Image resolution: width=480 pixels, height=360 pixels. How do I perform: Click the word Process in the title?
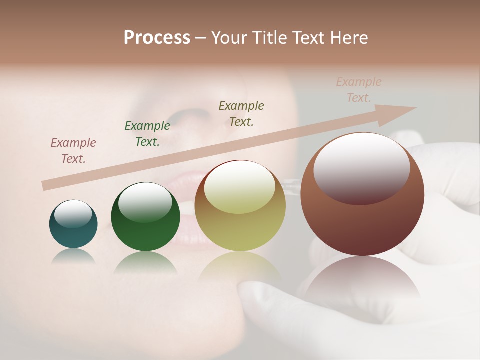(157, 38)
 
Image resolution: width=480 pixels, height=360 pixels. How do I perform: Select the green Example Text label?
(147, 134)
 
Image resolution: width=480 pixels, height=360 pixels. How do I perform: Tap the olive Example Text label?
(241, 113)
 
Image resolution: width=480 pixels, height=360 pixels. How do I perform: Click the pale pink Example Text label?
(359, 90)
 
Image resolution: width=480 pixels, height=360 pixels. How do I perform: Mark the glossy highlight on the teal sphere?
(73, 214)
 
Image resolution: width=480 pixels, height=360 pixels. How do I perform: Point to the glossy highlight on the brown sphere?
(361, 167)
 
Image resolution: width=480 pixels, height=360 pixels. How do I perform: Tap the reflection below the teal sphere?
(73, 256)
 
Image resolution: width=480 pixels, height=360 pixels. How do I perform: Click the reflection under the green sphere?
(145, 262)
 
